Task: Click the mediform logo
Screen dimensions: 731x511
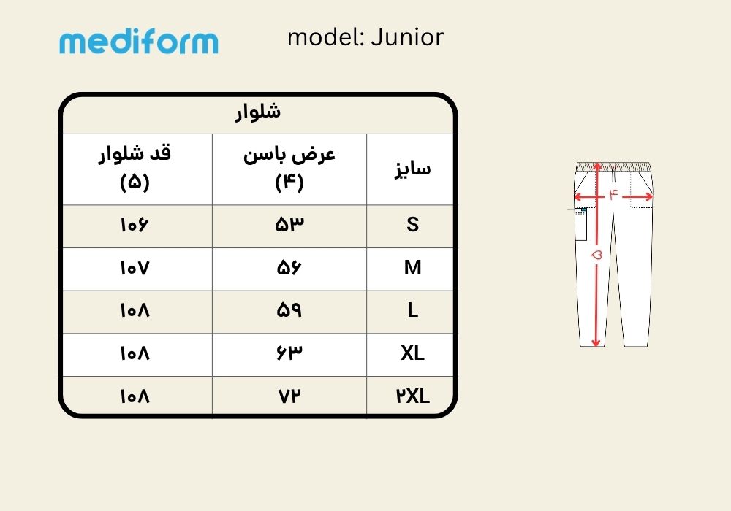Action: [138, 42]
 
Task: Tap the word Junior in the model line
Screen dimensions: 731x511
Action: [407, 38]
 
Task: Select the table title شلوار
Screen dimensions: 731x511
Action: [258, 113]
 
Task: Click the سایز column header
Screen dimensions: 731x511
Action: [412, 169]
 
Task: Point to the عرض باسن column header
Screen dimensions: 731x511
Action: [289, 169]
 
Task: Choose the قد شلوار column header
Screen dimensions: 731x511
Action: [135, 169]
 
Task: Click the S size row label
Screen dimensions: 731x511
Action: [412, 225]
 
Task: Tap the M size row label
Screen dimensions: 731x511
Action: [412, 268]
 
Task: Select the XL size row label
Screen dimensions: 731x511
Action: [412, 353]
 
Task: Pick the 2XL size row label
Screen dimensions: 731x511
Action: [412, 396]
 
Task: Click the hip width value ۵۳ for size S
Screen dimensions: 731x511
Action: [289, 225]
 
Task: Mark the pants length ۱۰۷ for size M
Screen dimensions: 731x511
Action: [135, 268]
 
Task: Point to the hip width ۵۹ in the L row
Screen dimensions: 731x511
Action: [289, 310]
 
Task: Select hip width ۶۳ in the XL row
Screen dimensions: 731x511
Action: [289, 353]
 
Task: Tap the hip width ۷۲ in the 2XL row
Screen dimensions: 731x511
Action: [289, 396]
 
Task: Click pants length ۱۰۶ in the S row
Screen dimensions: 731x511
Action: [135, 225]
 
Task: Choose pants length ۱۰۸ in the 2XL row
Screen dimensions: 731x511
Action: [135, 396]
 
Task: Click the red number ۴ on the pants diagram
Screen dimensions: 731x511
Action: [613, 194]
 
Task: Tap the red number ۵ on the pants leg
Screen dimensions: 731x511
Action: [596, 255]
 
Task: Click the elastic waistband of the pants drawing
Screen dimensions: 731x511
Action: [613, 167]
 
